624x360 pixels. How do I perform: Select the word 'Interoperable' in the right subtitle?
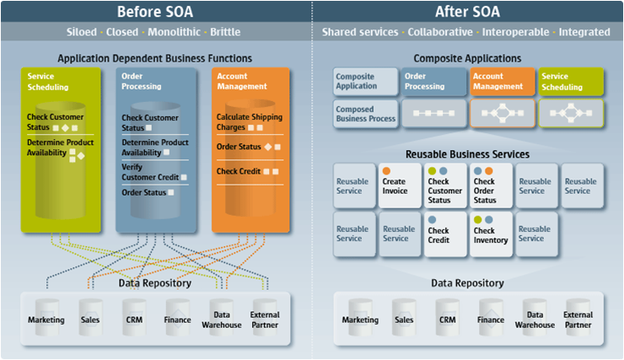pyautogui.click(x=515, y=32)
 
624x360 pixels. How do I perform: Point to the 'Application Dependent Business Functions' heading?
pyautogui.click(x=154, y=58)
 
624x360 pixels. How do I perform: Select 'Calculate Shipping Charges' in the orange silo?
pyautogui.click(x=249, y=122)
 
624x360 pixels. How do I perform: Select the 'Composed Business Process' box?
pyautogui.click(x=365, y=114)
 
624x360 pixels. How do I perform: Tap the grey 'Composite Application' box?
pyautogui.click(x=365, y=81)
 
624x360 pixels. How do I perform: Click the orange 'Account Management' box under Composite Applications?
pyautogui.click(x=502, y=81)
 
